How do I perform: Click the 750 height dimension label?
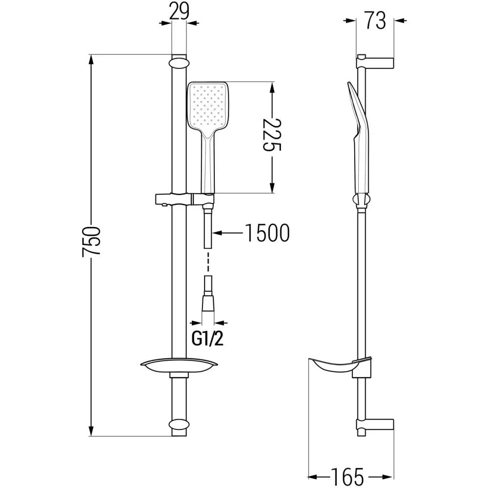point(92,241)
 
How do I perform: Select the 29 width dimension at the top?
point(180,11)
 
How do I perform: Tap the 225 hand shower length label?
point(272,135)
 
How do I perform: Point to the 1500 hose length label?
point(266,233)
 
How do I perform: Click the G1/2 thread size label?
point(207,339)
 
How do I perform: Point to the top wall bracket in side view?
point(376,62)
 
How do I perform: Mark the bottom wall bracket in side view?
point(376,425)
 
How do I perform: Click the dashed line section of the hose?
point(207,264)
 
